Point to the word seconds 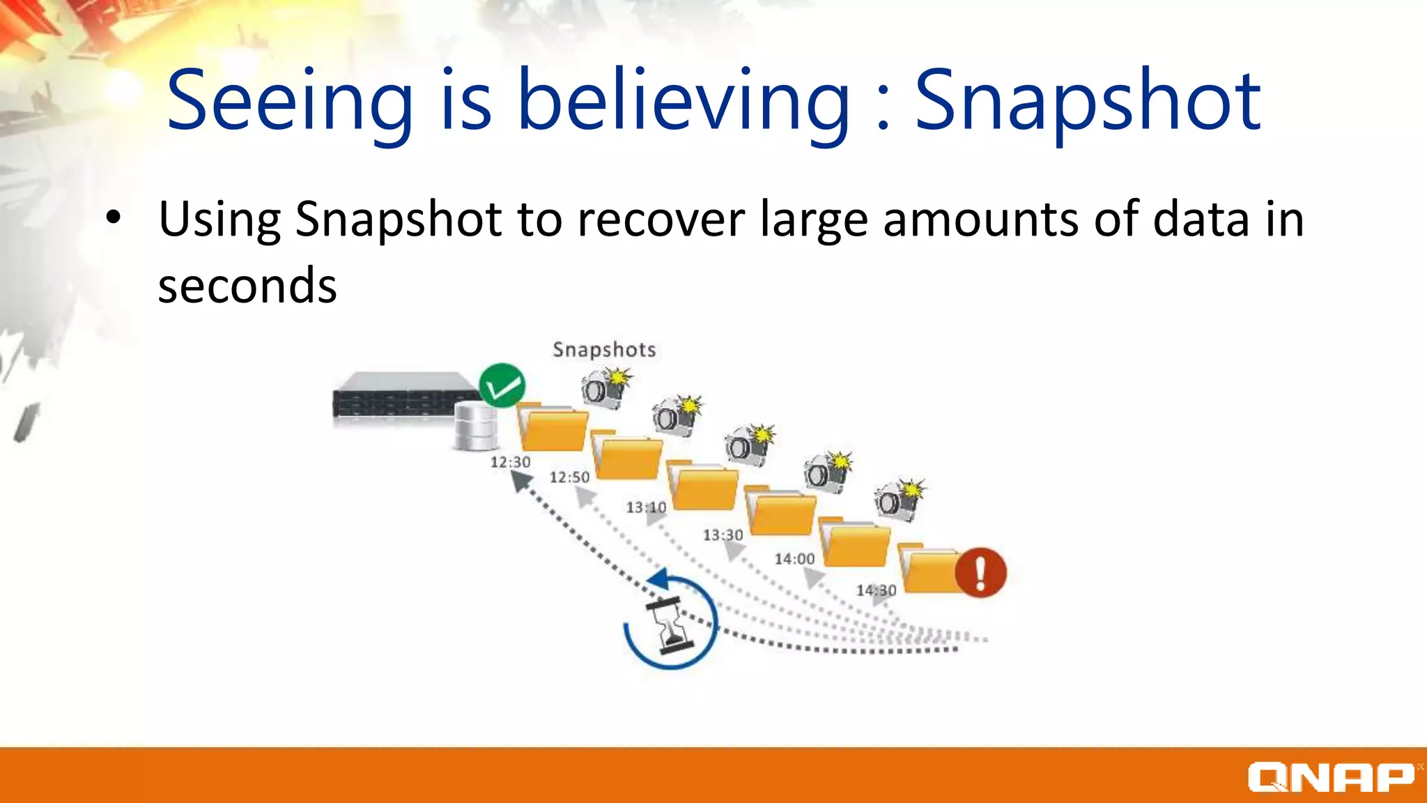coord(247,285)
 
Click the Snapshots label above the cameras coord(604,349)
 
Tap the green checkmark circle coord(502,385)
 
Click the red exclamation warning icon coord(980,573)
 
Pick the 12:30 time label coord(510,462)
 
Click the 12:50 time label coord(569,477)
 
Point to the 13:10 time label coord(646,507)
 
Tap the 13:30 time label coord(723,535)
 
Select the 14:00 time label coord(794,559)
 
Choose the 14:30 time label coord(876,590)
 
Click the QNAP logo coord(1331,777)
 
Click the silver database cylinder coord(475,425)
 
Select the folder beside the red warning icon coord(930,569)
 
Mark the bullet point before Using coord(113,218)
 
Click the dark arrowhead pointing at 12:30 coord(521,481)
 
